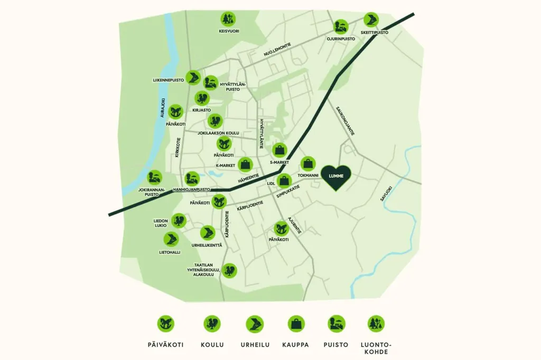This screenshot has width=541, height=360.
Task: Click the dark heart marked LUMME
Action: pyautogui.click(x=336, y=177)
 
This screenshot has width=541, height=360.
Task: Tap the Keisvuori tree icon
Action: pyautogui.click(x=228, y=20)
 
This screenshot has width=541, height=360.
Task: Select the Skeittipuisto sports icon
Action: pyautogui.click(x=371, y=21)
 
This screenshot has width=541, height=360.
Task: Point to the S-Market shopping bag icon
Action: pyautogui.click(x=279, y=150)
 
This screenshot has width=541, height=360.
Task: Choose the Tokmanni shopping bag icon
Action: pyautogui.click(x=308, y=164)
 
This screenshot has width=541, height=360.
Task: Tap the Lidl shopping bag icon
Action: pyautogui.click(x=284, y=181)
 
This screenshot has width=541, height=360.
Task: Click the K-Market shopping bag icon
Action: pyautogui.click(x=245, y=165)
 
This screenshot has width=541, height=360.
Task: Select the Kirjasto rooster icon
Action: pyautogui.click(x=202, y=99)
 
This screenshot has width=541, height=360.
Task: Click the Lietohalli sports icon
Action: pyautogui.click(x=171, y=239)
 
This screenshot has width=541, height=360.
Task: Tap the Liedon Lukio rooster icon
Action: pyautogui.click(x=179, y=221)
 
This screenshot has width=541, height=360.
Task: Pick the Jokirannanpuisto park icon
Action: pyautogui.click(x=155, y=178)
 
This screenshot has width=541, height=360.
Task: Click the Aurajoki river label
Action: pyautogui.click(x=163, y=108)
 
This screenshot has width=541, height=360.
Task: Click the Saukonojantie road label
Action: pyautogui.click(x=346, y=121)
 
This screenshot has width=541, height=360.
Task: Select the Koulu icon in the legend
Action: pyautogui.click(x=212, y=324)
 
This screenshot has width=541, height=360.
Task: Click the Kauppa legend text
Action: pyautogui.click(x=295, y=345)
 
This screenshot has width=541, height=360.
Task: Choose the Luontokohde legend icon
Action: pyautogui.click(x=376, y=324)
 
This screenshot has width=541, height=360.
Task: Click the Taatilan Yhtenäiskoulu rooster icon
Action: pyautogui.click(x=229, y=271)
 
